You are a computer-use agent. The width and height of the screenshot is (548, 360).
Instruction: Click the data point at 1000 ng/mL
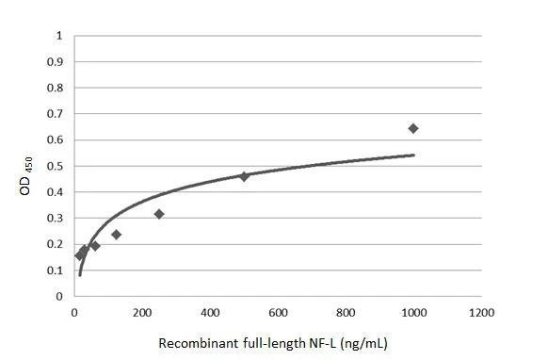click(412, 128)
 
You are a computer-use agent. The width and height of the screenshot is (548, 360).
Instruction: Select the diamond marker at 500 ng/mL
click(244, 176)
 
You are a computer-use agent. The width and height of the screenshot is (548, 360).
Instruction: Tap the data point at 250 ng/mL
click(159, 214)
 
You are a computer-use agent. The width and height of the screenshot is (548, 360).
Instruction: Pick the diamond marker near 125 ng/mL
click(116, 234)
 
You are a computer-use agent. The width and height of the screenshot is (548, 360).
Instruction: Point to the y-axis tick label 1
click(59, 36)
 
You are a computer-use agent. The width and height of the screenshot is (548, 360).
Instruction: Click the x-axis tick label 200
click(141, 312)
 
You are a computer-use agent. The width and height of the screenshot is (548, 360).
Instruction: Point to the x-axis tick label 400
click(210, 312)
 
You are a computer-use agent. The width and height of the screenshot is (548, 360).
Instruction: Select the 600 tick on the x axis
click(278, 312)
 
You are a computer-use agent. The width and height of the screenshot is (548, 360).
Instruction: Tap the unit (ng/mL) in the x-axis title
click(363, 344)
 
